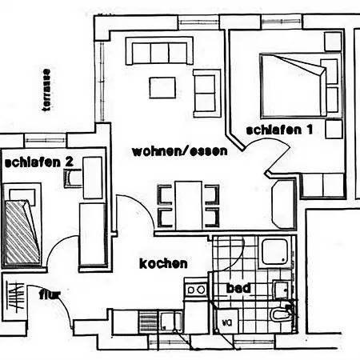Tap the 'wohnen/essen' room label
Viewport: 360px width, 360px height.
tap(180, 150)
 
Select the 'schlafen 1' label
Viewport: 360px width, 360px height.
tap(278, 130)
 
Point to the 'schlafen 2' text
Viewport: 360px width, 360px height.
tap(39, 162)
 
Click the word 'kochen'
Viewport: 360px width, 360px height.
tap(163, 263)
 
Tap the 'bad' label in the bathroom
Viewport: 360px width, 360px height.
tap(238, 288)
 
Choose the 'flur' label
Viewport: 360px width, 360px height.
tap(50, 294)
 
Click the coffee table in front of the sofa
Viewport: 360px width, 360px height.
tap(163, 86)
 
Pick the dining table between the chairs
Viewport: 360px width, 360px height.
tap(189, 204)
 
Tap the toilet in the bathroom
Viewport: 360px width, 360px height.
tap(280, 315)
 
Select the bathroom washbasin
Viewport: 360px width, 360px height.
tap(282, 289)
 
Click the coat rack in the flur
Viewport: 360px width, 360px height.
tap(14, 298)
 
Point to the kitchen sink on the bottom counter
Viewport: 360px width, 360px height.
tap(168, 322)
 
